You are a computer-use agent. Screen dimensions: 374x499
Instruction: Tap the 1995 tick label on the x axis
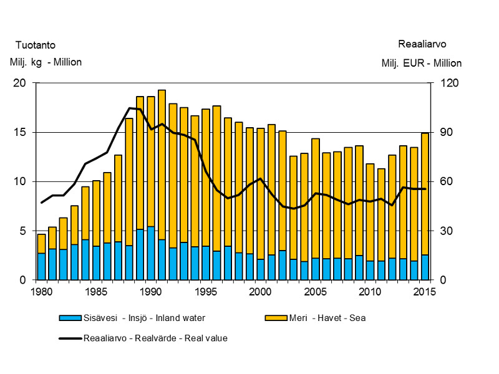[x=202, y=291]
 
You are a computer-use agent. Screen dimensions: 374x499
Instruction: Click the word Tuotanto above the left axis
[x=35, y=45]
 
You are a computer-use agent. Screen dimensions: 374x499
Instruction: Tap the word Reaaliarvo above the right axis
[x=422, y=44]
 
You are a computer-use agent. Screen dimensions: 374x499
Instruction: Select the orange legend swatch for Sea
[x=275, y=318]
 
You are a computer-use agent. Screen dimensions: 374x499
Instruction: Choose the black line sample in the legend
[x=70, y=338]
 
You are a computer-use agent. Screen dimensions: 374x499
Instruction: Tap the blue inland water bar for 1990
[x=151, y=253]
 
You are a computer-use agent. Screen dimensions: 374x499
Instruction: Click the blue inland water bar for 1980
[x=41, y=266]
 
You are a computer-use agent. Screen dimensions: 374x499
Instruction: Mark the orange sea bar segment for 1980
[x=41, y=243]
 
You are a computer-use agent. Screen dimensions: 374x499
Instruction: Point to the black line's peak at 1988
[x=129, y=108]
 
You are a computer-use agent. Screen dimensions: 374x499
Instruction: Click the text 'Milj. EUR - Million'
[x=422, y=63]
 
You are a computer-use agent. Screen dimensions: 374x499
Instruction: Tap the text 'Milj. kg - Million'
[x=46, y=62]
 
